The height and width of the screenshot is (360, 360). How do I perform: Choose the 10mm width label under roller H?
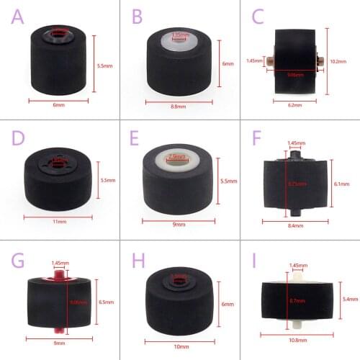pos(181,348)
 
